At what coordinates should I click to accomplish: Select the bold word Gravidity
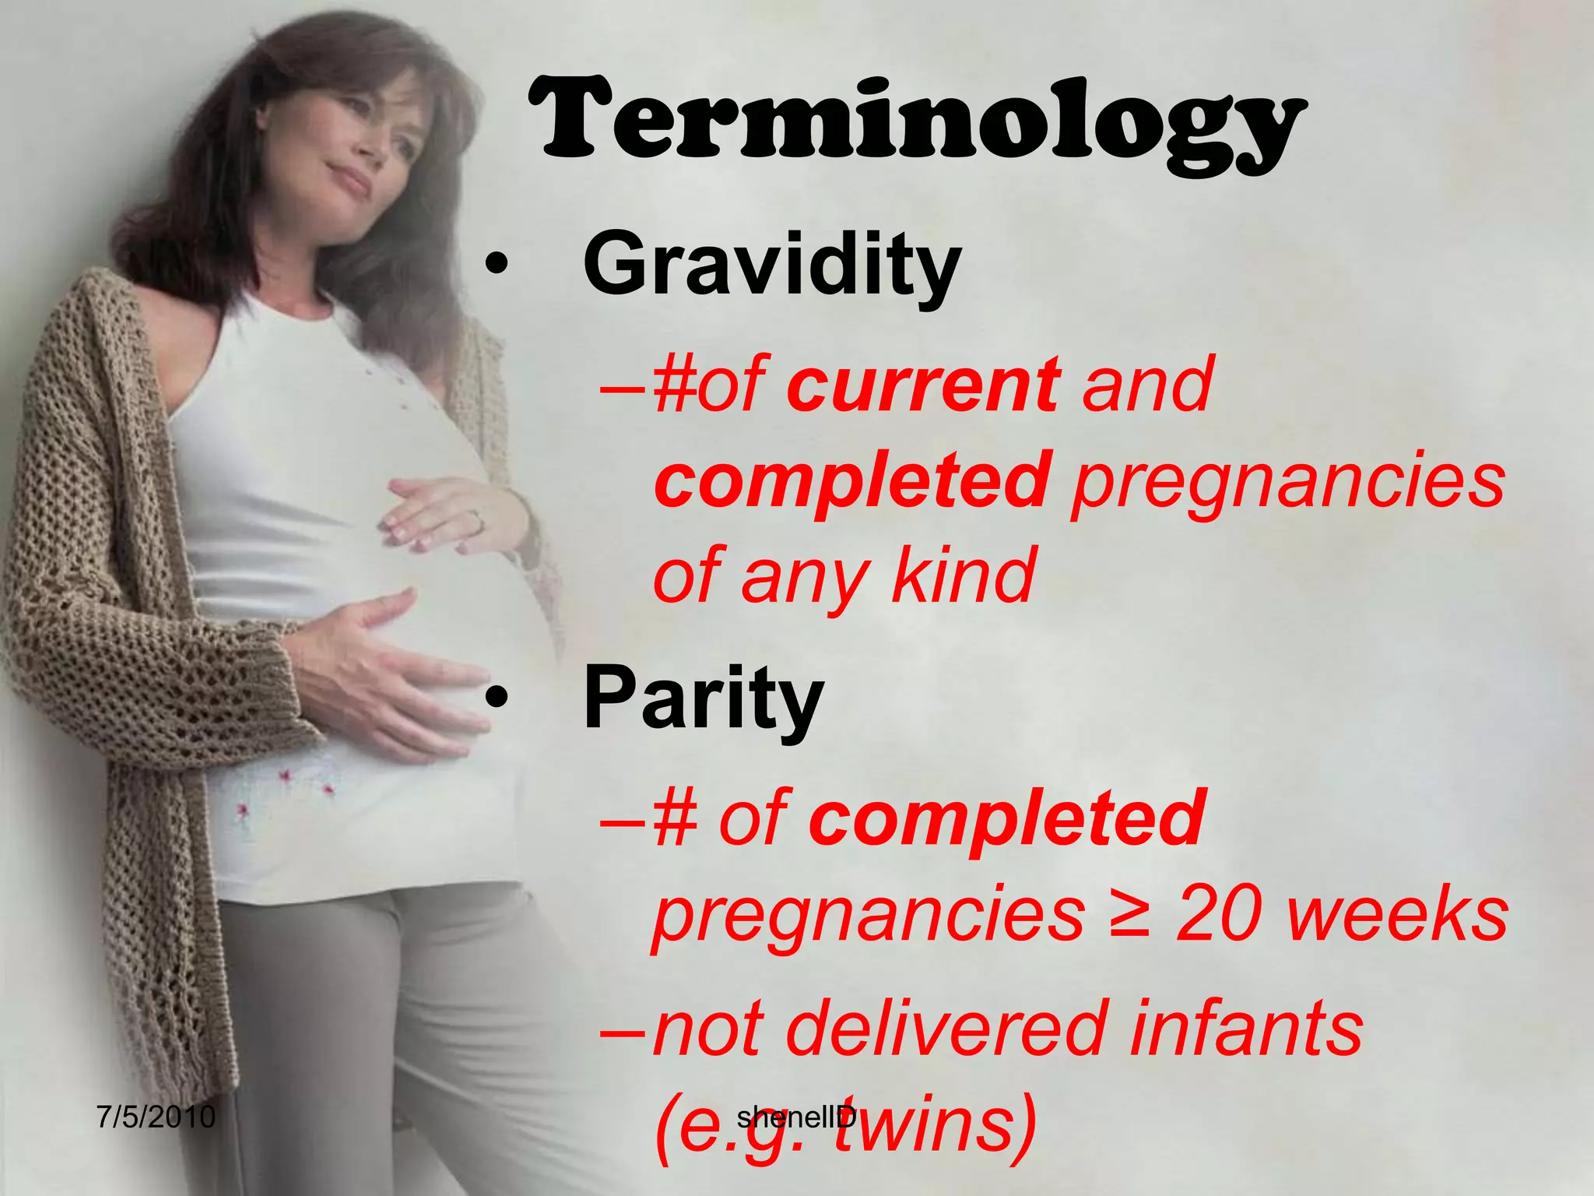coord(772,266)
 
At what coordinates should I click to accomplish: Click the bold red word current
coord(923,384)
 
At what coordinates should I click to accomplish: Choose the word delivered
coord(946,1029)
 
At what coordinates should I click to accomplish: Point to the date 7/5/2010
coord(156,1117)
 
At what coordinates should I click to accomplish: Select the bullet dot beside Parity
coord(496,700)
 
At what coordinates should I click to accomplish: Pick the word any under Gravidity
coord(804,576)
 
